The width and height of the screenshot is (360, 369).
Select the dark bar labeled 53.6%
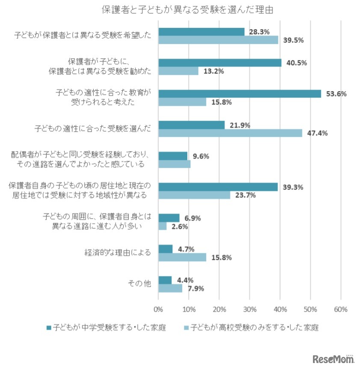(239, 94)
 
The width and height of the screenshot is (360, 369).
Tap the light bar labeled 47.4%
(230, 133)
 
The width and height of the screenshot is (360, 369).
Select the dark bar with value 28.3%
(201, 32)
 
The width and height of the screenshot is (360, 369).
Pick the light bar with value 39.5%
(218, 40)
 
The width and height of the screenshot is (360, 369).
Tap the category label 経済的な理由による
(118, 253)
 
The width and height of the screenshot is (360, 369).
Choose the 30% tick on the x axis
(250, 309)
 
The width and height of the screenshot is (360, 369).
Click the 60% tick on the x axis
(341, 309)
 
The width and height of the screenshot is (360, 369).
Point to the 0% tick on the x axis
(159, 309)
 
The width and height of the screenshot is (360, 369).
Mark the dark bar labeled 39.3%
(218, 187)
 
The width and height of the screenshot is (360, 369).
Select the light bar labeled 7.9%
(170, 288)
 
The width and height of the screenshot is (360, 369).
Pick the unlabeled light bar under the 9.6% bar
(174, 164)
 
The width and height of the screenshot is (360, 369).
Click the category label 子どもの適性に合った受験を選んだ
(93, 128)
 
